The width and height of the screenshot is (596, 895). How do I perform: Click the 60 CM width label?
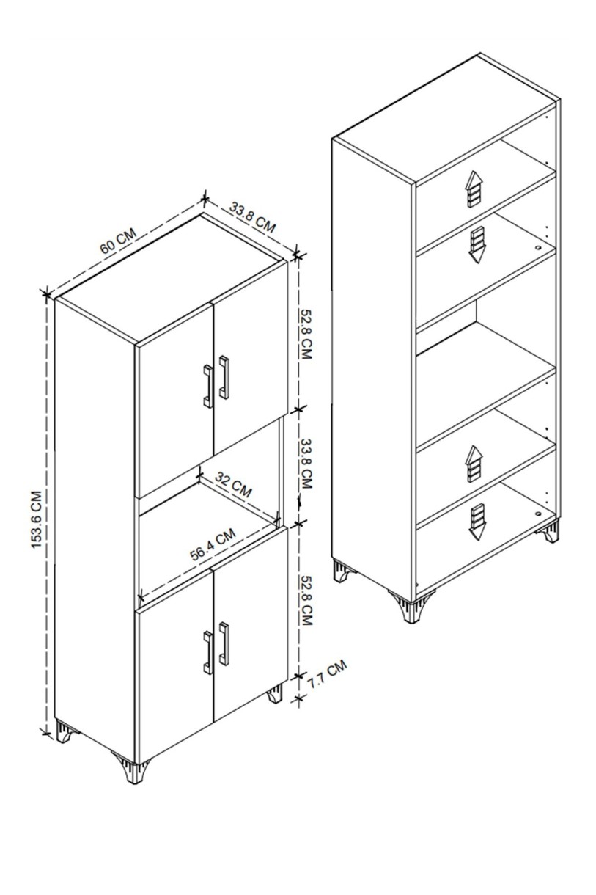click(x=118, y=241)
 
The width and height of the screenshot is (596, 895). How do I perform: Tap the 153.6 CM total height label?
click(x=37, y=519)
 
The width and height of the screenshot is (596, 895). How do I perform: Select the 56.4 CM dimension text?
click(x=213, y=544)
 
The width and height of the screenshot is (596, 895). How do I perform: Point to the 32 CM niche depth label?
click(x=234, y=484)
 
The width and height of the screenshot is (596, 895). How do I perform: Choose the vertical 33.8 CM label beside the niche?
click(x=306, y=464)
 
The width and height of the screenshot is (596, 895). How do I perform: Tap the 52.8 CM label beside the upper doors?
click(x=306, y=334)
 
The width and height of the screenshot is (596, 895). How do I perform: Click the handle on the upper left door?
click(x=207, y=386)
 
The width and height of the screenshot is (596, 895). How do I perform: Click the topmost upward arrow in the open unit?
click(x=473, y=189)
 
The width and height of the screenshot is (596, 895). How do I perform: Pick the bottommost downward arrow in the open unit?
click(x=477, y=522)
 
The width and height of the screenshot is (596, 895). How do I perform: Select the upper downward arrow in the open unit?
click(x=477, y=245)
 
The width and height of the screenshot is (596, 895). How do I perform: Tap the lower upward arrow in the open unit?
click(x=473, y=464)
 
